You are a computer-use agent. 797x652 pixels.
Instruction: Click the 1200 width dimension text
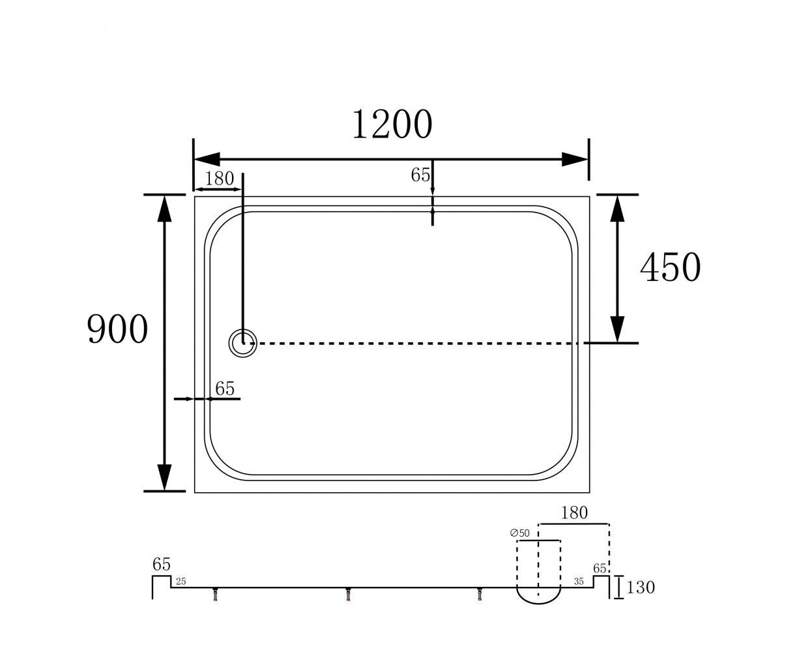[x=392, y=124]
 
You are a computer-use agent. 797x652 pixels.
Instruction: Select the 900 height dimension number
[x=117, y=329]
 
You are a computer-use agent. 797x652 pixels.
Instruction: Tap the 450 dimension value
[x=671, y=267]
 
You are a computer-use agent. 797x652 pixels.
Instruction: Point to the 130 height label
[x=641, y=587]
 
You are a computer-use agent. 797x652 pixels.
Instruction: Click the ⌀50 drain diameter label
[x=519, y=533]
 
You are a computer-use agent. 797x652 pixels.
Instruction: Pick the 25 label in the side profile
[x=181, y=582]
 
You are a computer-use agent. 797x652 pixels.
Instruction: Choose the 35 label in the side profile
[x=579, y=582]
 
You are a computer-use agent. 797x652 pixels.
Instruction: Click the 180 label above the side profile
[x=574, y=513]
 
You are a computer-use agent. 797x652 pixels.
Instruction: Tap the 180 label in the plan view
[x=219, y=179]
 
